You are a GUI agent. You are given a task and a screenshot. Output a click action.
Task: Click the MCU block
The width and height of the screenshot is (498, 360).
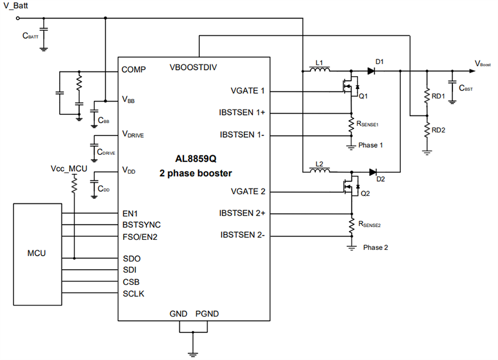[37, 254]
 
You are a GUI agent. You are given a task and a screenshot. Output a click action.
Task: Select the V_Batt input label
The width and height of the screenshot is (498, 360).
[17, 7]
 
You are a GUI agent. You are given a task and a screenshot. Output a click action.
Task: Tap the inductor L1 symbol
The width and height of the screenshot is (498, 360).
[319, 71]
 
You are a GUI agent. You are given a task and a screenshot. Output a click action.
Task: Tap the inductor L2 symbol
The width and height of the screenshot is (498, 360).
[319, 172]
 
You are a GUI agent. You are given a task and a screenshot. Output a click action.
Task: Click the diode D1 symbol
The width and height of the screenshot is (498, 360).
[371, 71]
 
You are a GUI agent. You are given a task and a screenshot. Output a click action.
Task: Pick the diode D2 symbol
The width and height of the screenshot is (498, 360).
[373, 172]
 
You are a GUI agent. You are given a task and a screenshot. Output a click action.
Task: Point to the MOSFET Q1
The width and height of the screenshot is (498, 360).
[349, 89]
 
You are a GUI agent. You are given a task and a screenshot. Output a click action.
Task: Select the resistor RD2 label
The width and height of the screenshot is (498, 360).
[439, 130]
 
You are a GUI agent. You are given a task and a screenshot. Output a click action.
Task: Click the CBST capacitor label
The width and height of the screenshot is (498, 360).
[466, 88]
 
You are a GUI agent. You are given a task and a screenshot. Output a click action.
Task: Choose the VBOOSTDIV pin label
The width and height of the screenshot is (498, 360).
[193, 67]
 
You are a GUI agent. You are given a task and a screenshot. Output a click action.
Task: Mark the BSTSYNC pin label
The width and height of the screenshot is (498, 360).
[141, 225]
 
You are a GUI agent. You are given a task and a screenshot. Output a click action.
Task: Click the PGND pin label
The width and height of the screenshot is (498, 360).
[207, 314]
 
